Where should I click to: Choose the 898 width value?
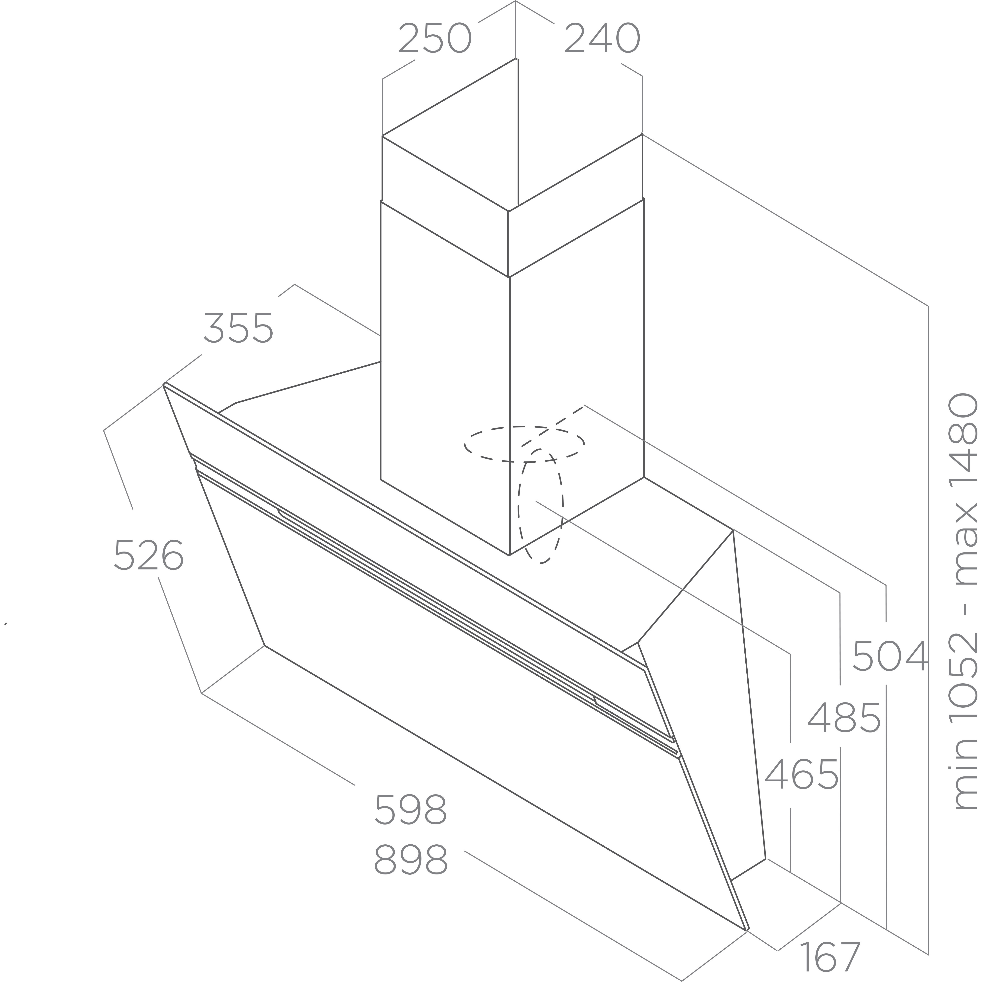click(411, 860)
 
